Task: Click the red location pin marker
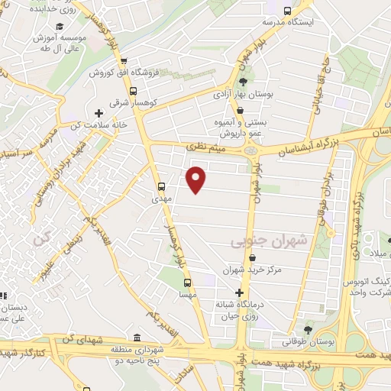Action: pos(197,179)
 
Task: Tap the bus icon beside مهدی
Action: pos(161,186)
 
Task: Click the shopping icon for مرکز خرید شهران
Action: pos(242,257)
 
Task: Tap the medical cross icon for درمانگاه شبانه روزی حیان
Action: pos(240,292)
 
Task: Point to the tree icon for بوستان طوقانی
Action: pos(307,330)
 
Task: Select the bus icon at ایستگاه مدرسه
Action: pos(287,11)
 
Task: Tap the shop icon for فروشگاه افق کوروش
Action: pos(123,63)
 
